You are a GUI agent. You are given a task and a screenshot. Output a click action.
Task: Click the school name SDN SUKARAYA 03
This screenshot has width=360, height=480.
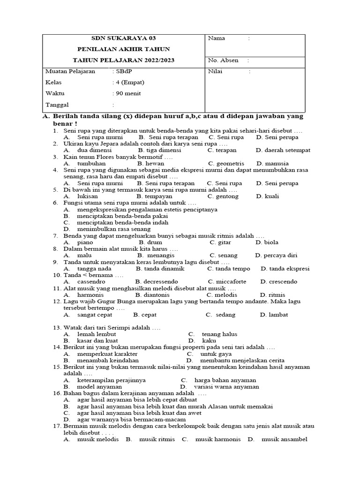124,38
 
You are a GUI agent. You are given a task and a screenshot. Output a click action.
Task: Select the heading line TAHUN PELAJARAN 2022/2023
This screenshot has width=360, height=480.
124,60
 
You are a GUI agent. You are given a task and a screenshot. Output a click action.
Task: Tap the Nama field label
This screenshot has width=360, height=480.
217,38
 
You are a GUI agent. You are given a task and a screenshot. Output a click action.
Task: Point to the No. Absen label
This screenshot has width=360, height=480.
223,60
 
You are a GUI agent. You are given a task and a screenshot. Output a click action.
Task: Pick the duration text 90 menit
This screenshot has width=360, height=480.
128,93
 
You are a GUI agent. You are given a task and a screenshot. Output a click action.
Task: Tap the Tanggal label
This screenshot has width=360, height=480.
57,105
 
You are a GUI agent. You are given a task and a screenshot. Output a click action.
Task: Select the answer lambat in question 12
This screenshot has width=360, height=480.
274,315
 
